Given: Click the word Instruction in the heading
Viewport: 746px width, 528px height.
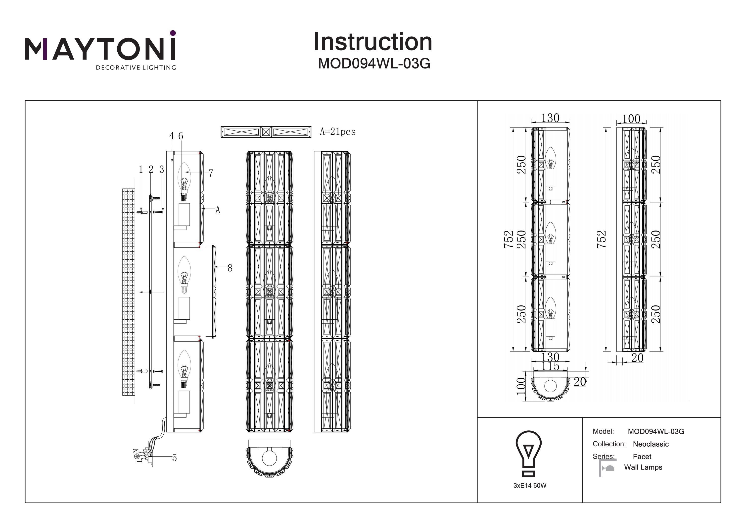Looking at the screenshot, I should pyautogui.click(x=373, y=42).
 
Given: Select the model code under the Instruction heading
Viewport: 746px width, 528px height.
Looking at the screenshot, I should pyautogui.click(x=374, y=64).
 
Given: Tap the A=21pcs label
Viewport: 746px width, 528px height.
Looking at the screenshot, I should pyautogui.click(x=338, y=132).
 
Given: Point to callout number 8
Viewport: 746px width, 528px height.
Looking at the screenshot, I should pyautogui.click(x=230, y=268).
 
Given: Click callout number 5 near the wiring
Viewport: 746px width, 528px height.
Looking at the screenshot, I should pyautogui.click(x=175, y=458).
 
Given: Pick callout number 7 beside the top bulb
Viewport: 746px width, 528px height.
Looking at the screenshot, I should pyautogui.click(x=211, y=173).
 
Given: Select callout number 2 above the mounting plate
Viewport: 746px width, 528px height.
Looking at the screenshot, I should pyautogui.click(x=151, y=170).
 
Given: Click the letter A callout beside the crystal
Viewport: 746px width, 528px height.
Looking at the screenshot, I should pyautogui.click(x=218, y=210).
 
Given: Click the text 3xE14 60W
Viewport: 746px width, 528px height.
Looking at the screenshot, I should pyautogui.click(x=530, y=486).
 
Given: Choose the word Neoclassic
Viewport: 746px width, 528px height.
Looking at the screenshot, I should pyautogui.click(x=651, y=444).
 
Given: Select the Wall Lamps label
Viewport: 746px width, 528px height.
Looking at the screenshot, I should pyautogui.click(x=643, y=467).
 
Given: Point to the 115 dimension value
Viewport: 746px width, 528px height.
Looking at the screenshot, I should pyautogui.click(x=550, y=367).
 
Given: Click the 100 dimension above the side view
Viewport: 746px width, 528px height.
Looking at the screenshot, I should pyautogui.click(x=631, y=119).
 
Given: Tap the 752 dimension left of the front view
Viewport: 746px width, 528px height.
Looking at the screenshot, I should pyautogui.click(x=509, y=239).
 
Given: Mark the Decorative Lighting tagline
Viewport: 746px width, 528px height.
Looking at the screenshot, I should pyautogui.click(x=136, y=68).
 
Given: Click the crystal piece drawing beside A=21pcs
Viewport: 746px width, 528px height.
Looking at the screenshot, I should pyautogui.click(x=266, y=132).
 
